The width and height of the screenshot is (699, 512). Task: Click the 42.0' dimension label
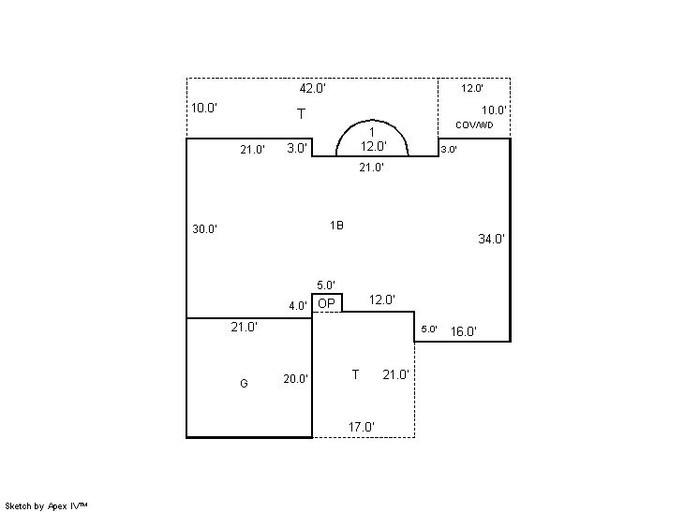click(x=313, y=88)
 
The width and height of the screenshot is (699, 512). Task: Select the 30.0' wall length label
click(x=204, y=228)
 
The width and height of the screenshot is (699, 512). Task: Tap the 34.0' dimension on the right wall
click(x=491, y=239)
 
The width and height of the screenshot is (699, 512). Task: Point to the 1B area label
click(x=336, y=226)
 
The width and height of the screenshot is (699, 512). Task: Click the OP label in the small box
click(x=326, y=303)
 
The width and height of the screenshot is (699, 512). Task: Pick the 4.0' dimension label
click(x=298, y=306)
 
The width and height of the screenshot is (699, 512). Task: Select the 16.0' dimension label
click(x=464, y=331)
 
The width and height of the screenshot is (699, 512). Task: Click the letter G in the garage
click(x=244, y=384)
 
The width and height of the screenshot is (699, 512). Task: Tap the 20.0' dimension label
click(x=295, y=379)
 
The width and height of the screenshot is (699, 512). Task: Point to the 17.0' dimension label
click(x=361, y=427)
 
